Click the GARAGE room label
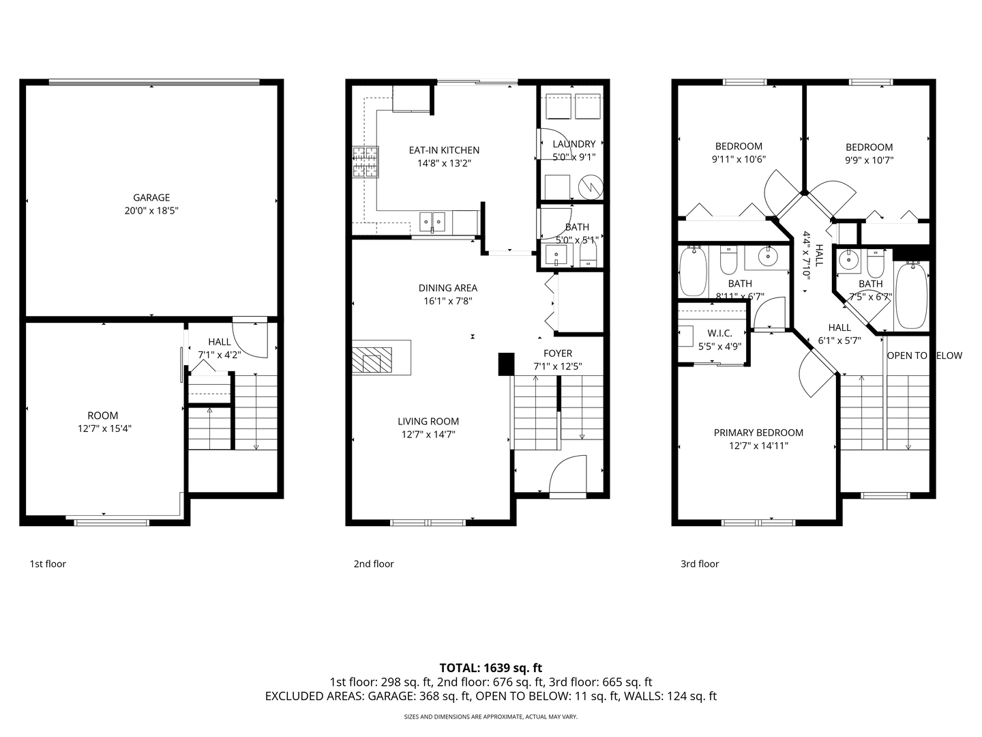point(151,198)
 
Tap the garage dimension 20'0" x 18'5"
point(151,212)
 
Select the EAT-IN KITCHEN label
point(444,150)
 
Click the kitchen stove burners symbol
point(365,163)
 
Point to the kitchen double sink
point(432,220)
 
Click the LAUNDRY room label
point(574,144)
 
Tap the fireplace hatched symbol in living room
point(372,359)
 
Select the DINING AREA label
point(447,288)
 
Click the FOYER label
point(557,353)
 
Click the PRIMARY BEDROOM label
point(758,433)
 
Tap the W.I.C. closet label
point(719,333)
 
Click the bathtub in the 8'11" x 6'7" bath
point(693,272)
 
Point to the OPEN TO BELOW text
point(924,356)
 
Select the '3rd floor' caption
point(700,564)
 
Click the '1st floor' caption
point(48,564)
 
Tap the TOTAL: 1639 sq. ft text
point(490,668)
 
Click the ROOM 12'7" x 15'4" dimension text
point(103,429)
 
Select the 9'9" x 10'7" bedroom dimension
point(869,160)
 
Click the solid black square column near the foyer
point(506,364)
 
